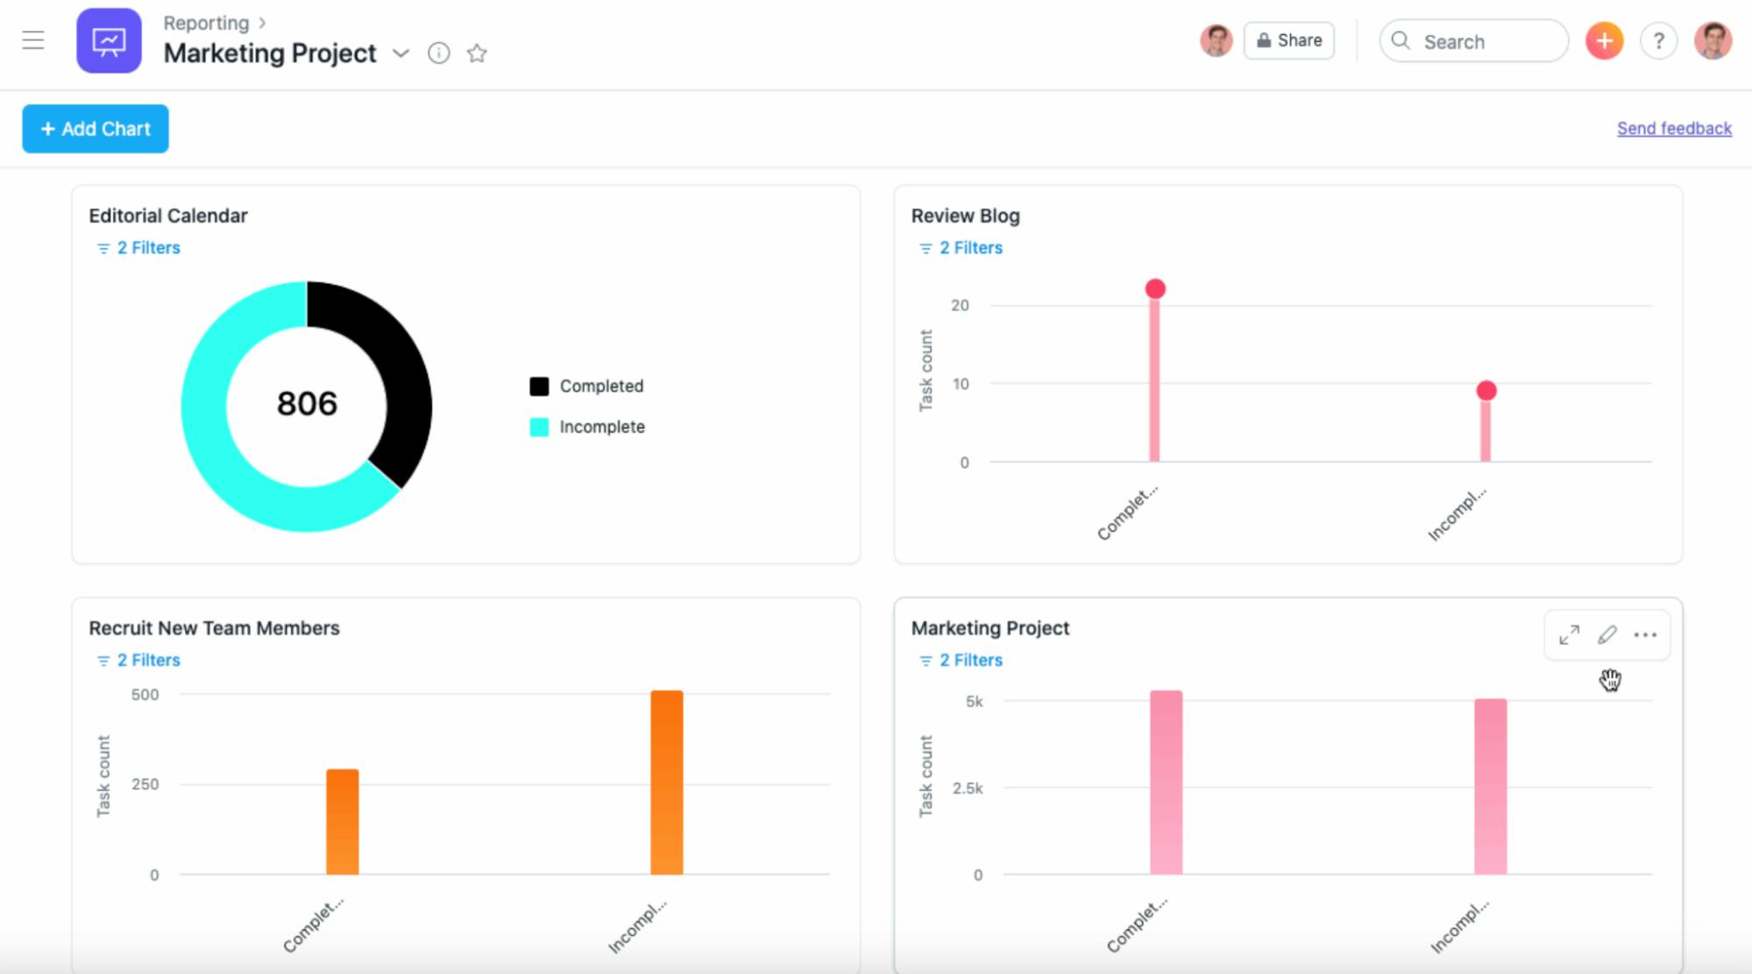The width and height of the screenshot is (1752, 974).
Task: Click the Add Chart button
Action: (96, 129)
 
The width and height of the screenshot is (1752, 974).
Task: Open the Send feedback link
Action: (1674, 129)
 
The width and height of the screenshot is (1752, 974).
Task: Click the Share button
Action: (1288, 40)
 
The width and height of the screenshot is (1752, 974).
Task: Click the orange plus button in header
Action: (1604, 40)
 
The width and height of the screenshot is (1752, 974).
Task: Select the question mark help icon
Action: (1658, 41)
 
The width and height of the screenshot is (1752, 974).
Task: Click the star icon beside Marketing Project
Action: (477, 53)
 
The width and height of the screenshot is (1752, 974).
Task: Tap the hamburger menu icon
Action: (33, 40)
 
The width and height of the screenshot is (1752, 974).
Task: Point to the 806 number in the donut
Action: (307, 404)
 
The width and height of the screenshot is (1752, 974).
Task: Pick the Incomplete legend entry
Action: (601, 427)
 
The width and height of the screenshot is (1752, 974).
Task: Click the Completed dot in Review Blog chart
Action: (1155, 289)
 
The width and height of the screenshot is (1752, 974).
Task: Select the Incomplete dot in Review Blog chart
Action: (1486, 391)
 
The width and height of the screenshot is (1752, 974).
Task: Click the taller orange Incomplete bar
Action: (666, 782)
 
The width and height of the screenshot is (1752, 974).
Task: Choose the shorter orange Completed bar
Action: (343, 822)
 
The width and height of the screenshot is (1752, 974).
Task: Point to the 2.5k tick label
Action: (968, 788)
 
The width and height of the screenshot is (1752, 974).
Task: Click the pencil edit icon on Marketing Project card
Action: (1607, 635)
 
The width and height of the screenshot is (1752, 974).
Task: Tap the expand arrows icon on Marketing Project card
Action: (1569, 635)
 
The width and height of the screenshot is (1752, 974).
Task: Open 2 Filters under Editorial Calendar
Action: (147, 248)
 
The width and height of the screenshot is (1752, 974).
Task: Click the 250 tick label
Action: (145, 784)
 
